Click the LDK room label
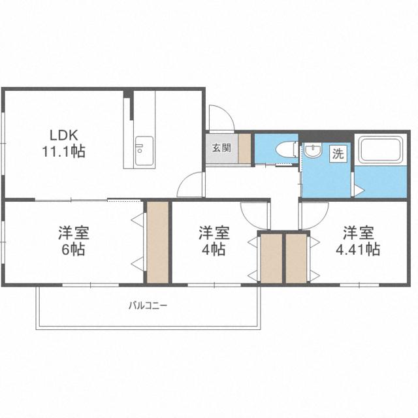coord(64,135)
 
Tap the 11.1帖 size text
coord(63,151)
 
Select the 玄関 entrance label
coord(221,148)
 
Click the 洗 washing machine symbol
coord(338,153)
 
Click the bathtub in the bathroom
coord(380,150)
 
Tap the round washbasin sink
coord(312,152)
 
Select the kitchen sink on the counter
coord(144,151)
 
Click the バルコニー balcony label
coord(148,305)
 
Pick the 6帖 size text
coord(73,249)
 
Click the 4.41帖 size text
coord(358,249)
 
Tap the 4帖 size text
coord(214,249)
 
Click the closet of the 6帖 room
coord(158,242)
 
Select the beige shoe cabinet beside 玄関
coord(244,148)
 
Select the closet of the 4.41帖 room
coord(296,259)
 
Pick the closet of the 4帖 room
coord(271,259)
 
